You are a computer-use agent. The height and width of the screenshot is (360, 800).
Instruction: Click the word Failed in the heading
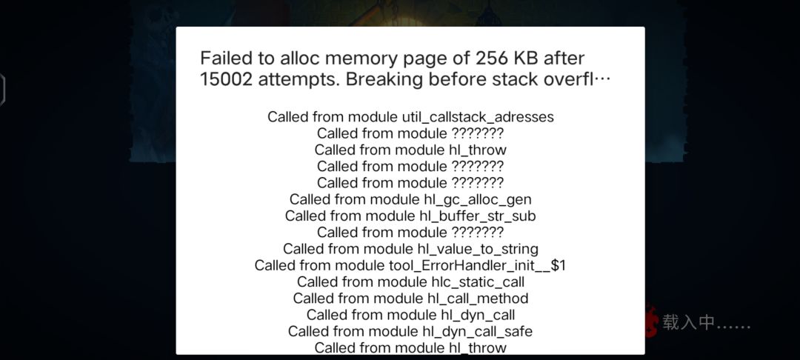pos(226,58)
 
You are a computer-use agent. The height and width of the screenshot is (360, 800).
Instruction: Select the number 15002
pos(226,79)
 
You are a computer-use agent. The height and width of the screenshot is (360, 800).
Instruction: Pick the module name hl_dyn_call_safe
pos(478,331)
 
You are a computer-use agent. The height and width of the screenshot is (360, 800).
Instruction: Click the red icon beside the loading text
pos(651,321)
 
